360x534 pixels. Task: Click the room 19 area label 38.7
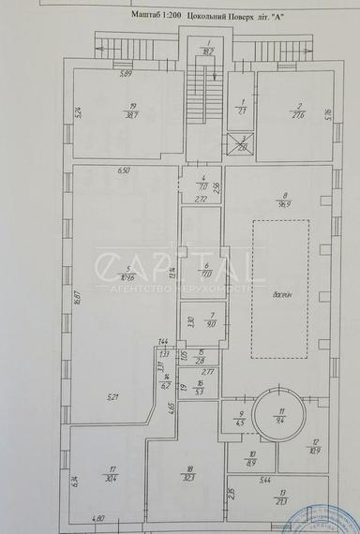133,111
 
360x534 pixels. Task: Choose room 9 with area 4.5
240,419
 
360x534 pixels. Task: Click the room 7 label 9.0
213,320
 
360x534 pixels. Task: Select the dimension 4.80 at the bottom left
97,518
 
